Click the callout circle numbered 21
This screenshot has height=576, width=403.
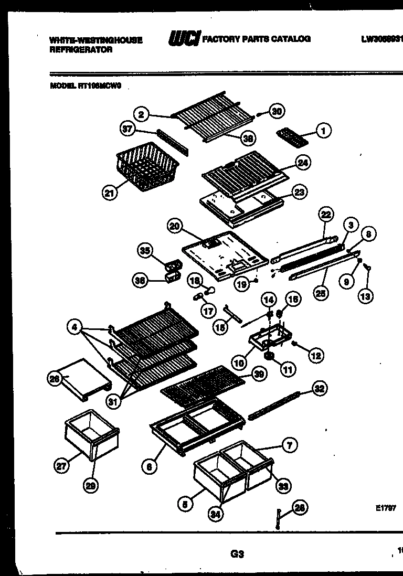point(109,194)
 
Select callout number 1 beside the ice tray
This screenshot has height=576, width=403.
point(324,131)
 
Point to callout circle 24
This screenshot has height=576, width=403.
point(302,163)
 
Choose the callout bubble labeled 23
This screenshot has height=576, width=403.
point(300,192)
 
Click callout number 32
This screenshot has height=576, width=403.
point(319,389)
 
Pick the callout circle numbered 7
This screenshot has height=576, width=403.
point(289,445)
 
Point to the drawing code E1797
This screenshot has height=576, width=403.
point(385,508)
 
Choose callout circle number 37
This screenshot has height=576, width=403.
point(128,129)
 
